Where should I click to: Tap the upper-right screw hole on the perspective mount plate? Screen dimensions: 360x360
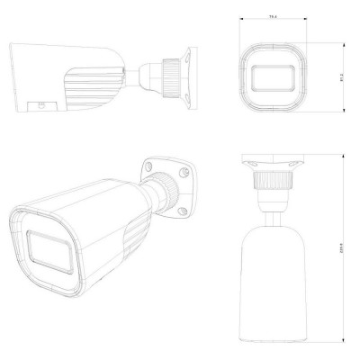183,171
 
